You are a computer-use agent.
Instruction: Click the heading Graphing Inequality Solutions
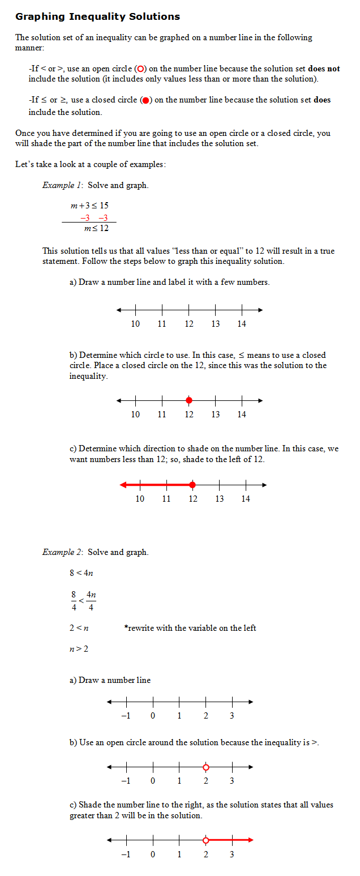(97, 16)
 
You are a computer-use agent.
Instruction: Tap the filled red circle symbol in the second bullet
(145, 101)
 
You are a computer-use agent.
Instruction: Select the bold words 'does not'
(324, 69)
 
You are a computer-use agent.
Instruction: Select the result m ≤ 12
(96, 228)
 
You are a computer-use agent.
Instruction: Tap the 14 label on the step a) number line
(242, 324)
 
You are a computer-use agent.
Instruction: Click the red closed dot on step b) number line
(189, 400)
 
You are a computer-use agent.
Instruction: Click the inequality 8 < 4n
(81, 573)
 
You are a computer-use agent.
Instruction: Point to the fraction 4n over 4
(91, 601)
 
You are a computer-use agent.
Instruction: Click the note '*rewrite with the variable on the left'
(190, 628)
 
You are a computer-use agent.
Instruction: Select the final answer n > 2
(79, 649)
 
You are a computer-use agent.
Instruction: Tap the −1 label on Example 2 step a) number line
(126, 716)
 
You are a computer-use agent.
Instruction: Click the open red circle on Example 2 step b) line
(205, 767)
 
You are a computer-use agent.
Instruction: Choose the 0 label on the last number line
(152, 854)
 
